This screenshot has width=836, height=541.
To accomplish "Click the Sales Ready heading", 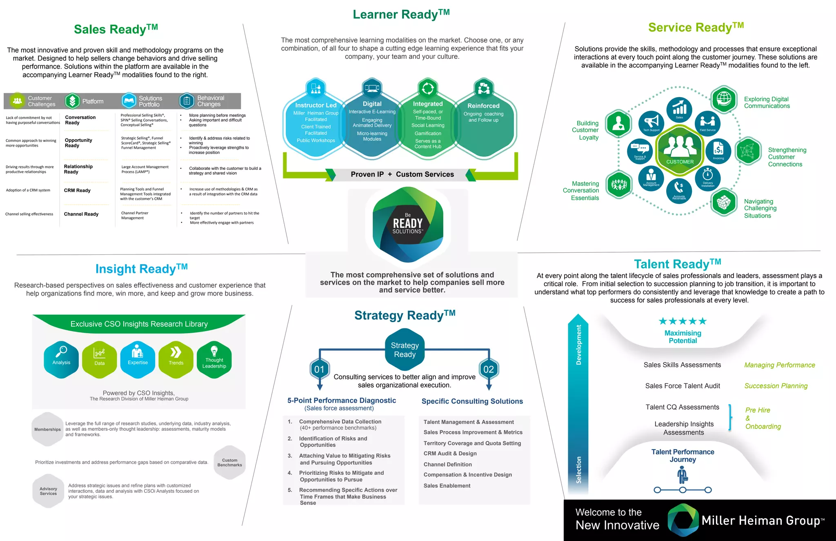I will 116,29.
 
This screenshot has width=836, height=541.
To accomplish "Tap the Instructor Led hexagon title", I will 316,105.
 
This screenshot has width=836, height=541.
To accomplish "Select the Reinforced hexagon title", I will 483,106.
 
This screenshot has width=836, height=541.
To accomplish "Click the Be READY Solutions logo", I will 408,224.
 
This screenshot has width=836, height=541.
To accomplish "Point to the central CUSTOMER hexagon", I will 680,149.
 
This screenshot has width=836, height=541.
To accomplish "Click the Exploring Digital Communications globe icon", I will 724,98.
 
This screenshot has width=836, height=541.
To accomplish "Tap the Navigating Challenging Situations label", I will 760,208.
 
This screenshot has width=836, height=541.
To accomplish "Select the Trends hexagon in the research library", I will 176,359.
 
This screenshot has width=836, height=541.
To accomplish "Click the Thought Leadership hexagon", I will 214,359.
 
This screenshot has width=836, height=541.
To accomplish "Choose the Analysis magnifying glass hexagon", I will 61,359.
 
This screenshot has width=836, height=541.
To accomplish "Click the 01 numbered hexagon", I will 319,369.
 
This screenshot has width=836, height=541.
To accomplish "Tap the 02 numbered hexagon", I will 489,369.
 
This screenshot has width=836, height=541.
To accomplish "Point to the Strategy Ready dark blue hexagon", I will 405,350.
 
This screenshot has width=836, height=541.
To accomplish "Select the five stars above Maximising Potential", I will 683,321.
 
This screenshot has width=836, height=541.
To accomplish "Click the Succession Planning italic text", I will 776,386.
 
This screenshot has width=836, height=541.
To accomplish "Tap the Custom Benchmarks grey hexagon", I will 230,462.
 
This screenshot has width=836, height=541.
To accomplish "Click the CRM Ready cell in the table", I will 77,190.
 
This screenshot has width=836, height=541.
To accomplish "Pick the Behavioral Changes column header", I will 211,101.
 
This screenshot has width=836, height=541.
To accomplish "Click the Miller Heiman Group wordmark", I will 763,521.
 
